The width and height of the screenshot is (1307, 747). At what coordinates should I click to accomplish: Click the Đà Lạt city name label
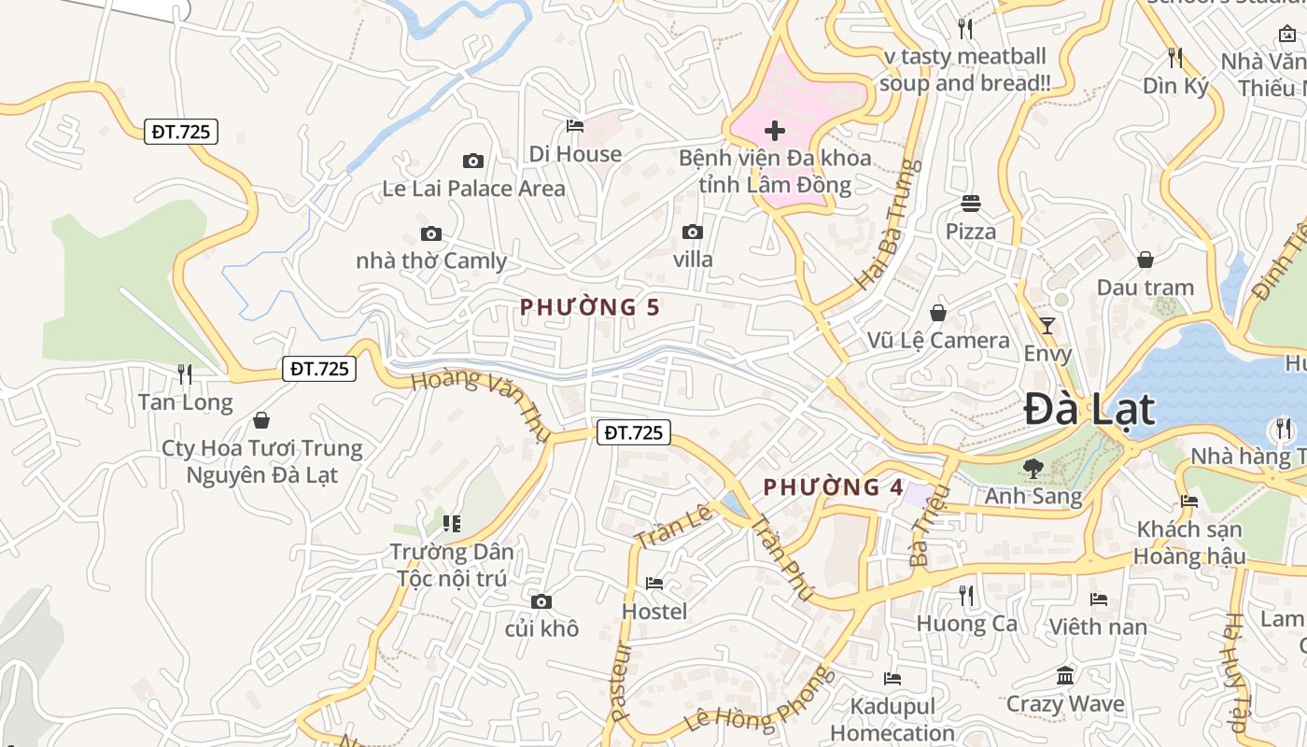pyautogui.click(x=1089, y=410)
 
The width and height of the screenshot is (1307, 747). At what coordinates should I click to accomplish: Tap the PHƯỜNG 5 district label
pyautogui.click(x=590, y=307)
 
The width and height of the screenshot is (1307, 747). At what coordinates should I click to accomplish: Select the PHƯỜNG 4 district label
pyautogui.click(x=834, y=487)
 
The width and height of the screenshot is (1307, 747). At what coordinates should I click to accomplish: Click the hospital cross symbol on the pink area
pyautogui.click(x=774, y=131)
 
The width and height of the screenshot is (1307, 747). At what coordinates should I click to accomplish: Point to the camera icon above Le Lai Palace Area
pyautogui.click(x=473, y=162)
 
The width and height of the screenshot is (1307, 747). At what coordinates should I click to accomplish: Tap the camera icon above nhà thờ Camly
pyautogui.click(x=430, y=234)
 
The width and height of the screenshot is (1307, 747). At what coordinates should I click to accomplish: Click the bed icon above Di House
pyautogui.click(x=575, y=126)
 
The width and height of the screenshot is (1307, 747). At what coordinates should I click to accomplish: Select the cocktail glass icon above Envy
pyautogui.click(x=1047, y=326)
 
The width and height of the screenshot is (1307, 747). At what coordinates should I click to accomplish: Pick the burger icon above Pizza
pyautogui.click(x=971, y=204)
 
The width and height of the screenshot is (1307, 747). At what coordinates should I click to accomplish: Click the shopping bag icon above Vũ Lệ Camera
pyautogui.click(x=938, y=313)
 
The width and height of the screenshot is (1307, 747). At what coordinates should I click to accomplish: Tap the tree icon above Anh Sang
pyautogui.click(x=1033, y=468)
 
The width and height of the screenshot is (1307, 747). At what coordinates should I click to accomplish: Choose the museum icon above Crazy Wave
pyautogui.click(x=1065, y=675)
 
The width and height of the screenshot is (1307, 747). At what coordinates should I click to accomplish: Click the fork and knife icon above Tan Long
pyautogui.click(x=185, y=374)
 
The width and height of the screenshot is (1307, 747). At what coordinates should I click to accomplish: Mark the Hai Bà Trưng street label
pyautogui.click(x=887, y=224)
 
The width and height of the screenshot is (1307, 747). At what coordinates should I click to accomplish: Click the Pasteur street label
pyautogui.click(x=621, y=681)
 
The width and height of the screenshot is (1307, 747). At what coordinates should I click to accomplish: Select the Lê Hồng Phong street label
pyautogui.click(x=757, y=700)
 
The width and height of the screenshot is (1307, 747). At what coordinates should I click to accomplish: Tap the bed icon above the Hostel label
pyautogui.click(x=654, y=585)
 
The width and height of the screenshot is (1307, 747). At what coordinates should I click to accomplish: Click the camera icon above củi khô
pyautogui.click(x=541, y=601)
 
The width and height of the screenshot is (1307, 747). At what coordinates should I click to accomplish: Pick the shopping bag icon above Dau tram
pyautogui.click(x=1145, y=260)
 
